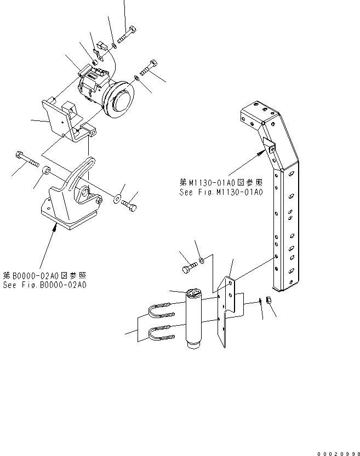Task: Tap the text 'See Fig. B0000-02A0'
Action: click(x=44, y=285)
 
